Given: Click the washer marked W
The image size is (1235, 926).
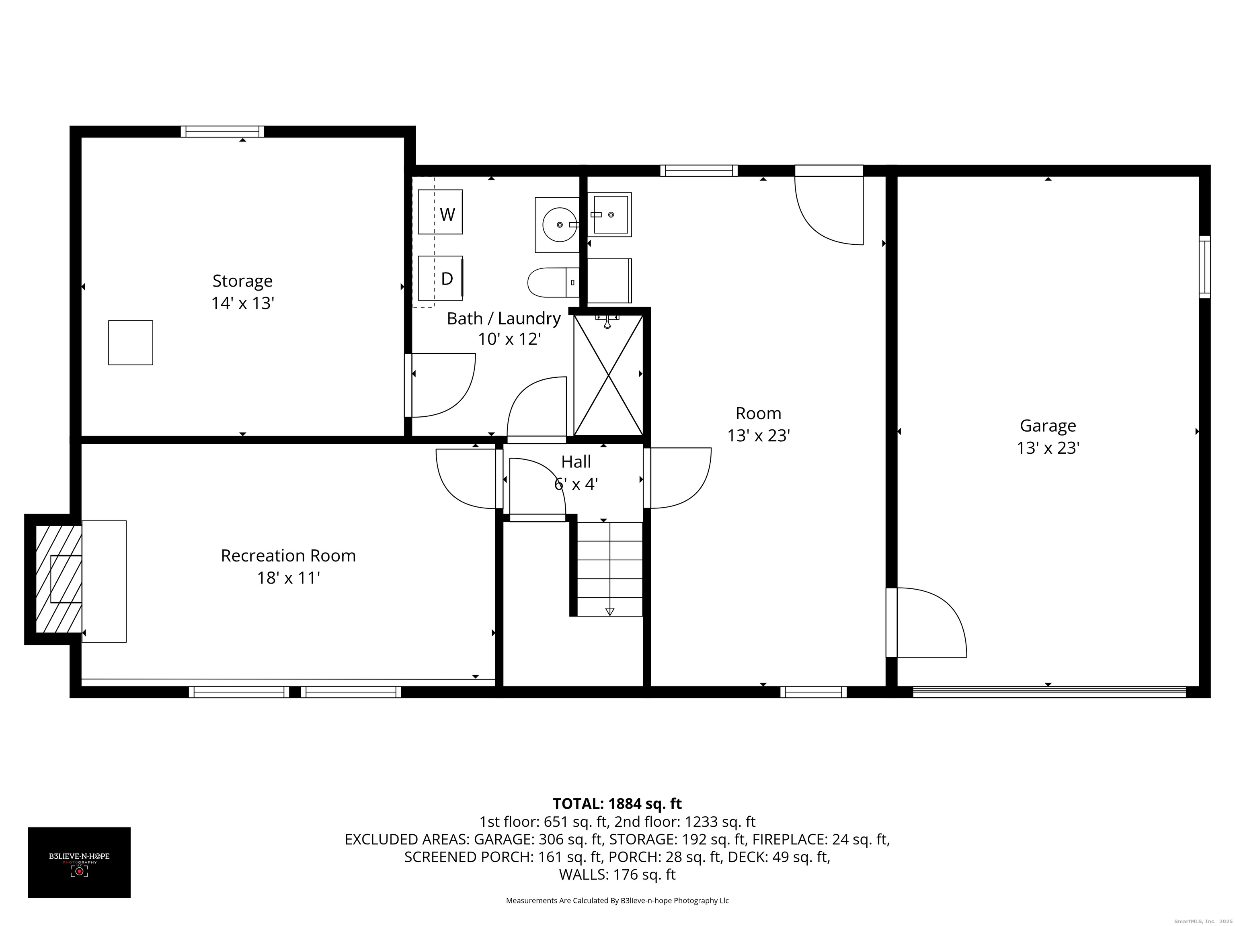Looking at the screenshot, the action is [441, 212].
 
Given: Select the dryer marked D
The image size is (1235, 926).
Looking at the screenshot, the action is [441, 278].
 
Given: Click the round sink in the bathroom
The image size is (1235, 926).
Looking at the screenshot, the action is [557, 224].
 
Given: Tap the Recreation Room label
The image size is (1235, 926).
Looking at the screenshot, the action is [288, 555].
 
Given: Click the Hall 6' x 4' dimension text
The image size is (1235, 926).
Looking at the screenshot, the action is [576, 483].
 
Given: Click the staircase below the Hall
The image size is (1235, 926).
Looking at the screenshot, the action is [609, 569].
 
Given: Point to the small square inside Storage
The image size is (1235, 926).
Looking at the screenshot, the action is [131, 343].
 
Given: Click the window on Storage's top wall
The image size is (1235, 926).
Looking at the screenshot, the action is [222, 132].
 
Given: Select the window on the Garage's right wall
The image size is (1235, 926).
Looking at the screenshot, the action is [1205, 267].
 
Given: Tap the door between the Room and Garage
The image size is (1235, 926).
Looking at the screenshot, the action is [926, 622].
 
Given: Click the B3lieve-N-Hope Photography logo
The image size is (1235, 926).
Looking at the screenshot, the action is [79, 862].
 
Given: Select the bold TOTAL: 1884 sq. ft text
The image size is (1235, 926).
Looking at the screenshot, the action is [617, 804].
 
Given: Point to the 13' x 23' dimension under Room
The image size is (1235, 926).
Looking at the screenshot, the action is [758, 435].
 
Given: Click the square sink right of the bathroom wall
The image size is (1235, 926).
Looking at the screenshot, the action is [610, 214].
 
